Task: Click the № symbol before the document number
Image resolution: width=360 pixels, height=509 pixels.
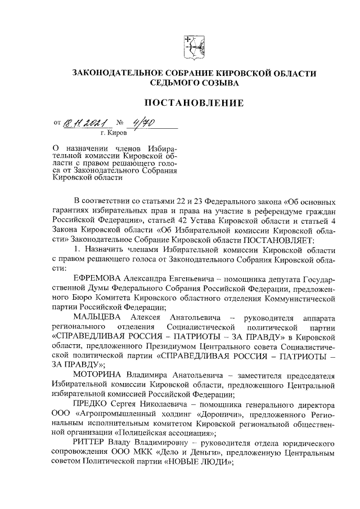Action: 120,123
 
